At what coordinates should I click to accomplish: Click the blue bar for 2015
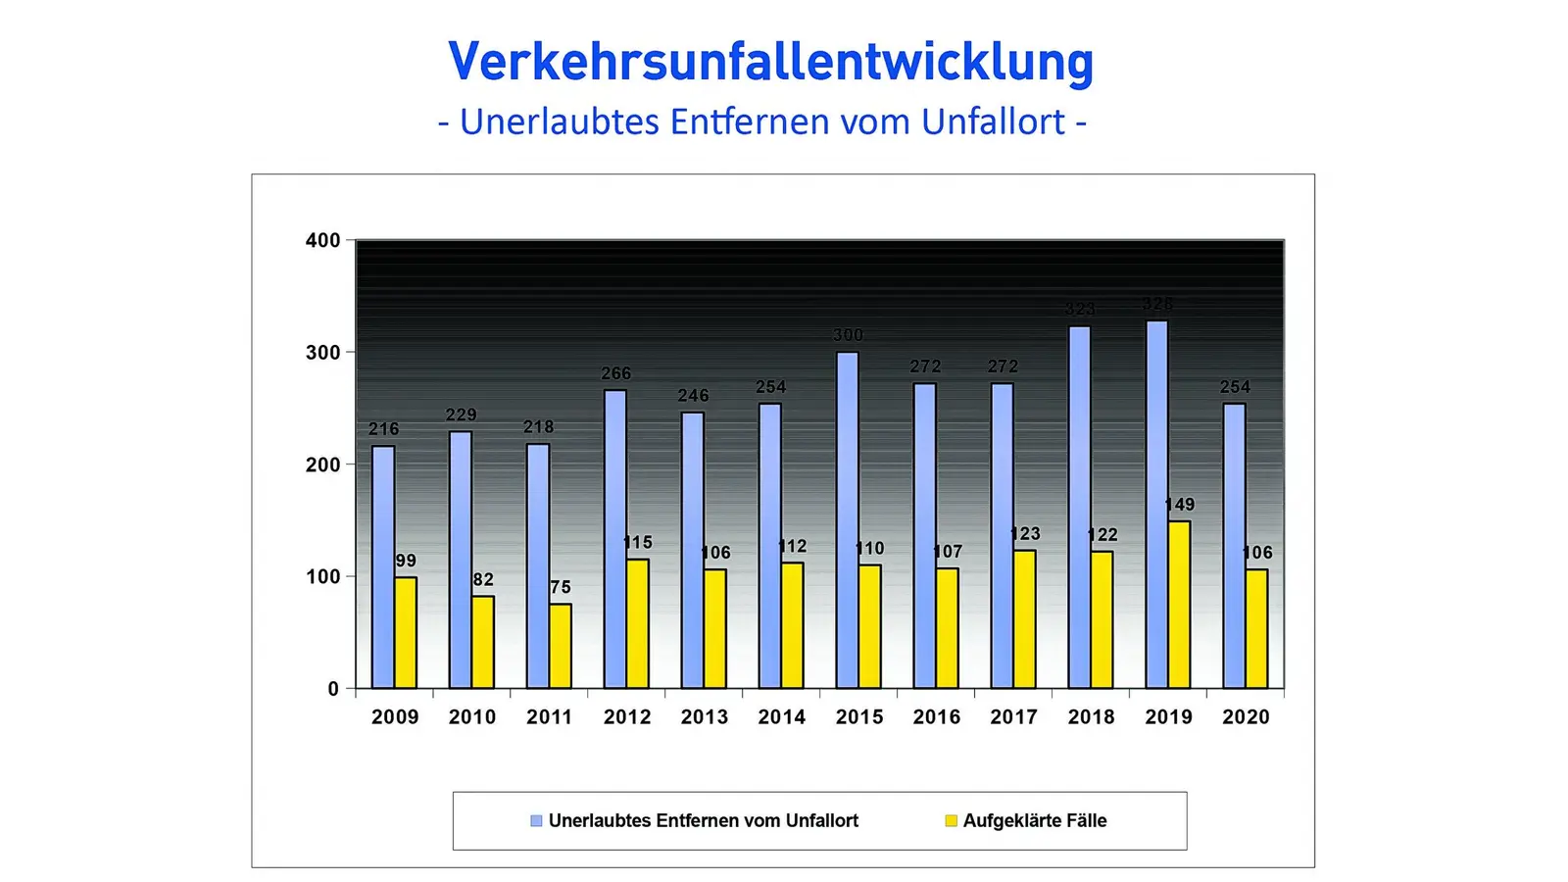847,519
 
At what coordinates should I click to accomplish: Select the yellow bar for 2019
1179,604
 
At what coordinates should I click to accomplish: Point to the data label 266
615,373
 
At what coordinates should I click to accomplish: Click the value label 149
1179,505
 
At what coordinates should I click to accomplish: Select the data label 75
560,587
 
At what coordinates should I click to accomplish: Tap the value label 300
848,335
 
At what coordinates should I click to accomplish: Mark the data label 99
406,561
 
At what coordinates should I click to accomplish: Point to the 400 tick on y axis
322,240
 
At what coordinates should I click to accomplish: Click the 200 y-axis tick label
322,465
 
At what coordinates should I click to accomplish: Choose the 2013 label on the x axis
704,717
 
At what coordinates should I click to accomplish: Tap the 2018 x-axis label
1091,717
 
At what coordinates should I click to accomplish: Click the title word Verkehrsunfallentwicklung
770,62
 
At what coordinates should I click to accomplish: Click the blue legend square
536,821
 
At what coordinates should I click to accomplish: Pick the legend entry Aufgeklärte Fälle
1034,821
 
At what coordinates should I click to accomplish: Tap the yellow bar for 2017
1024,618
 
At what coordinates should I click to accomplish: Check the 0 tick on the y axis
333,689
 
